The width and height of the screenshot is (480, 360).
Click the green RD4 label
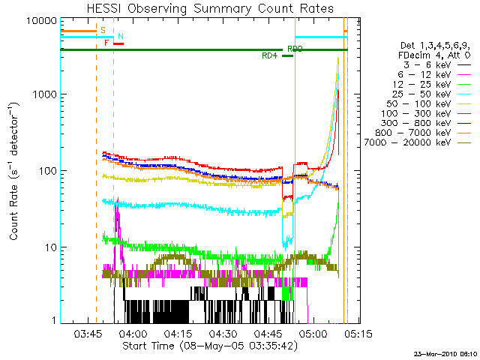pyautogui.click(x=268, y=56)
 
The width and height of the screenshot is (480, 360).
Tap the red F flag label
pyautogui.click(x=106, y=43)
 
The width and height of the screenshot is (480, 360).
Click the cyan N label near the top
pyautogui.click(x=121, y=37)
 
